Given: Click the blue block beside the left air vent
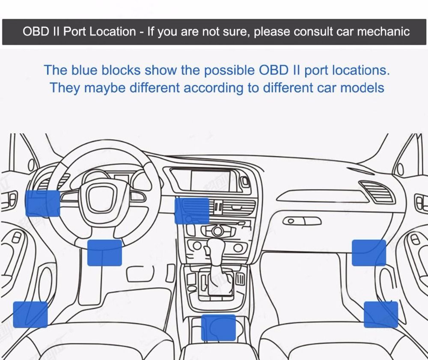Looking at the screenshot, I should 42,203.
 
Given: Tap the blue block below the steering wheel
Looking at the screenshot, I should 104,253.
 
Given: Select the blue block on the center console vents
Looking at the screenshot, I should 192,211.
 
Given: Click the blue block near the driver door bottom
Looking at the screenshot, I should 30,315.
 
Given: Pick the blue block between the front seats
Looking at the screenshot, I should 218,327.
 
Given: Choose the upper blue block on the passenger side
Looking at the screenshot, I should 369,253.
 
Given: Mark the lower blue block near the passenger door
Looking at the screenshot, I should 380,315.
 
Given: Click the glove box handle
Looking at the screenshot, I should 302,221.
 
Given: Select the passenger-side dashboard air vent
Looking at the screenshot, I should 377,191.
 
